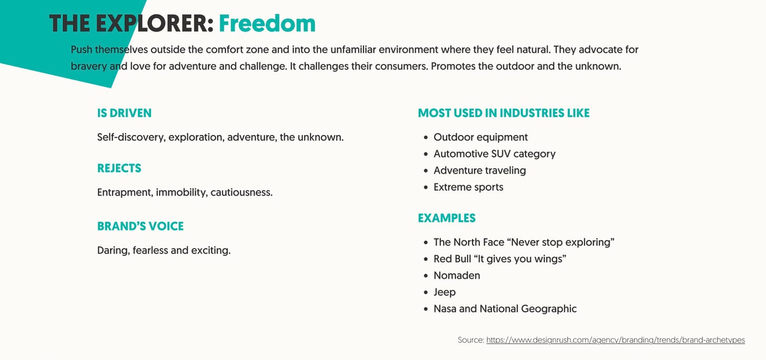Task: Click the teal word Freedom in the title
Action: (x=267, y=23)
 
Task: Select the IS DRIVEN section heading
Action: (x=124, y=113)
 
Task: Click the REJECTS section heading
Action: (x=119, y=168)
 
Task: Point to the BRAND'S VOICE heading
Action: (x=140, y=226)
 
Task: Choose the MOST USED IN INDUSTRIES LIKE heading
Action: (x=503, y=113)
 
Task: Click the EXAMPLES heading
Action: (x=447, y=218)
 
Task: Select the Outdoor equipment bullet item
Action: (x=480, y=137)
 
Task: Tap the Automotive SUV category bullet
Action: (x=494, y=154)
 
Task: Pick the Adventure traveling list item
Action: (x=479, y=171)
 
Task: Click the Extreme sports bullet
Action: (x=468, y=187)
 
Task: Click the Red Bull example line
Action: (x=499, y=259)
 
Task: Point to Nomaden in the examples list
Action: (x=457, y=275)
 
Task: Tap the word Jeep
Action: (x=445, y=292)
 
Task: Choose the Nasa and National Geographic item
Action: (x=505, y=309)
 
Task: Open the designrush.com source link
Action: (x=615, y=340)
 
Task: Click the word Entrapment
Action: (x=125, y=193)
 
